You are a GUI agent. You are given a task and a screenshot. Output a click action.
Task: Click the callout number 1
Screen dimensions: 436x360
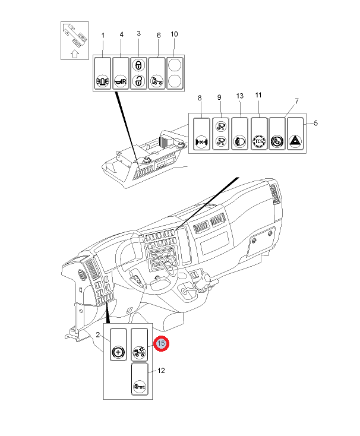pos(103,36)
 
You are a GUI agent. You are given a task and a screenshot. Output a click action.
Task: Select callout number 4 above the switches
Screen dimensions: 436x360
pos(121,35)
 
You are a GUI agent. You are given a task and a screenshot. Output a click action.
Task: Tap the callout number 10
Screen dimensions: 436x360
pos(174,34)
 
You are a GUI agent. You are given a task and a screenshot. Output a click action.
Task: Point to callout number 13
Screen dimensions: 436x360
pos(240,96)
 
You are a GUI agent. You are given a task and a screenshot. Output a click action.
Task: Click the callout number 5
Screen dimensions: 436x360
pos(316,123)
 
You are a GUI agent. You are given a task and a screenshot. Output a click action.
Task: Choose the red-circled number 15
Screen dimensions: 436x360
pos(161,343)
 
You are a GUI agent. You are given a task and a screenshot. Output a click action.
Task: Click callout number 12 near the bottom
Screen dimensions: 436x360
pos(160,371)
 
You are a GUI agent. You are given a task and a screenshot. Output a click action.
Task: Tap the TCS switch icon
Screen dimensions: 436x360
pos(259,142)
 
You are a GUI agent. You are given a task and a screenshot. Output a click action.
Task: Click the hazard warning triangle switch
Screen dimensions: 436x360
pos(295,142)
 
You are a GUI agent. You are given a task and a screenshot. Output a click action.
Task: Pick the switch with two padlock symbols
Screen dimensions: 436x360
pos(138,73)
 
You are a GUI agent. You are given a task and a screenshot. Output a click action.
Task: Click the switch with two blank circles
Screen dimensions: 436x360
pos(174,73)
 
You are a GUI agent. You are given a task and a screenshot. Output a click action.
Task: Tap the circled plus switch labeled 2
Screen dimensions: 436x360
pos(119,352)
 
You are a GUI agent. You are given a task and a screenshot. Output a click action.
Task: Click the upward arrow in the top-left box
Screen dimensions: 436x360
pos(74,54)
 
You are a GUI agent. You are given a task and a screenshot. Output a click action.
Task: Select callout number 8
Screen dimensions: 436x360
pos(200,97)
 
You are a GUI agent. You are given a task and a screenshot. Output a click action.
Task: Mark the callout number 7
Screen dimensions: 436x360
pos(296,101)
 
